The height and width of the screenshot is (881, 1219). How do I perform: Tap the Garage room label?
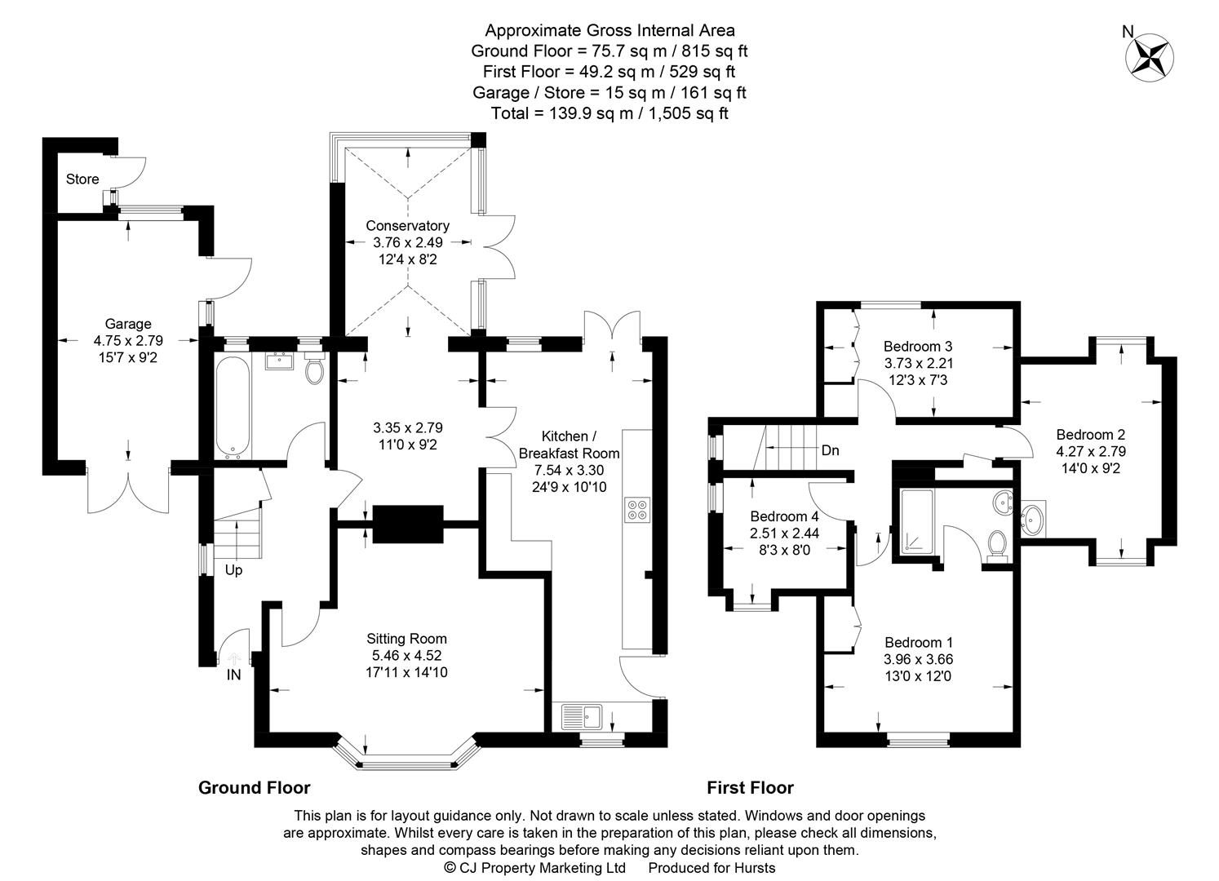(x=127, y=324)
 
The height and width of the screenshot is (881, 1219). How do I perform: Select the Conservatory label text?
(x=407, y=226)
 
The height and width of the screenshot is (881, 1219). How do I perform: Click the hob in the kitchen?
(x=636, y=510)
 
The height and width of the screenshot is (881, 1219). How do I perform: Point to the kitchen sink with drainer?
(x=581, y=717)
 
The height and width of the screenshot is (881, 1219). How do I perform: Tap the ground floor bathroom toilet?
(x=314, y=370)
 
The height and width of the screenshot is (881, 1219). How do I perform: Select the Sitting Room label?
(x=406, y=639)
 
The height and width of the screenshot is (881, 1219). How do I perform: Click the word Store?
(x=82, y=179)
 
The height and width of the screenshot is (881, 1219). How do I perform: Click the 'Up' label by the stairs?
(x=233, y=570)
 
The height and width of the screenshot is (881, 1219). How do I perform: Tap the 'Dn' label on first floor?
(x=830, y=450)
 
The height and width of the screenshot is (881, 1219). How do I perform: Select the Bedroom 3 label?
(x=918, y=346)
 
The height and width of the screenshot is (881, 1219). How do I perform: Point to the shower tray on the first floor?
(x=920, y=522)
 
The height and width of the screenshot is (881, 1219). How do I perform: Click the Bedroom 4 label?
(x=784, y=516)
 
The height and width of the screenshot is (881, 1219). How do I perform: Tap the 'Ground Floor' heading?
(x=255, y=788)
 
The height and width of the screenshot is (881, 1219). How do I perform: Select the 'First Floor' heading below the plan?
(x=750, y=788)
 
